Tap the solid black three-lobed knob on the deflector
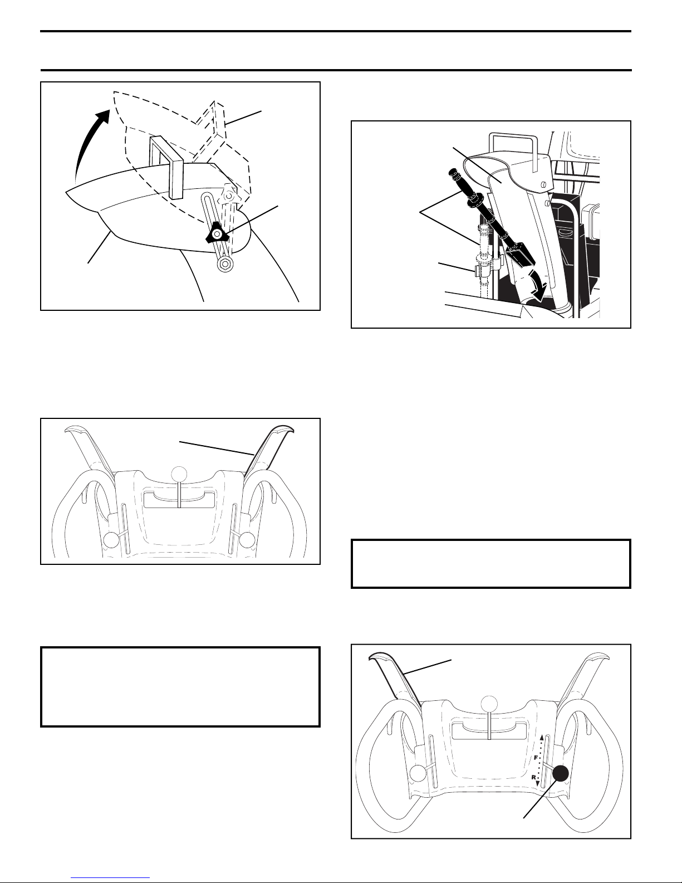pos(217,233)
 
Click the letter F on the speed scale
pos(536,758)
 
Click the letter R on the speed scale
pos(534,778)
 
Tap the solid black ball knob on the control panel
pos(561,773)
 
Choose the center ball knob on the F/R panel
pos(489,704)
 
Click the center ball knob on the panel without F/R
pos(179,474)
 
